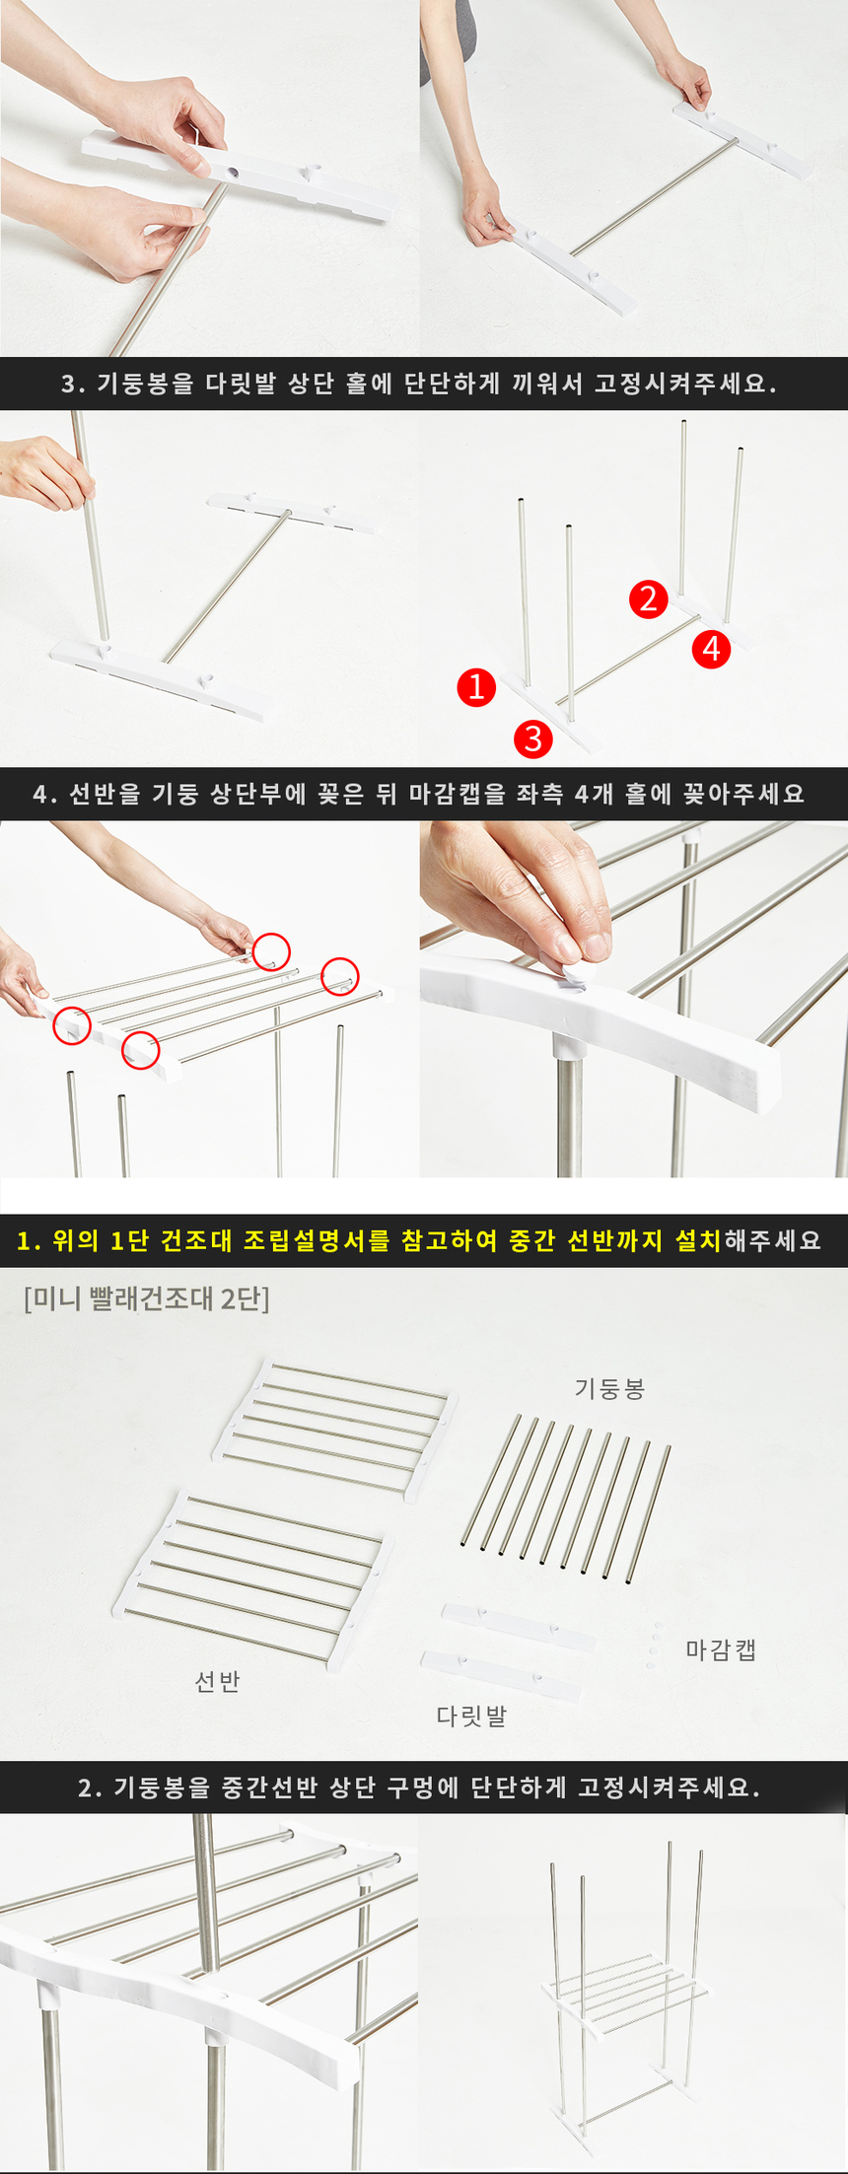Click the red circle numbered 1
coord(476,686)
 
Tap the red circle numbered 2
coord(649,598)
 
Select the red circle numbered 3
coord(533,738)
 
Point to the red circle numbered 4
coord(711,649)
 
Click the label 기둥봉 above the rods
coord(609,1389)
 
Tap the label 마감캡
coord(721,1649)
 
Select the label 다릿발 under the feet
coord(471,1717)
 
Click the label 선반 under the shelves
coord(217,1681)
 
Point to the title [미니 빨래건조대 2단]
coord(146,1298)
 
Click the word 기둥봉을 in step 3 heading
coord(145,384)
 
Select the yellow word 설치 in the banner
coord(698,1240)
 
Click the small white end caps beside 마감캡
coord(653,1646)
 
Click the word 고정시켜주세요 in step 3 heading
coord(685,384)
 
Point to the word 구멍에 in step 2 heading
coord(422,1788)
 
